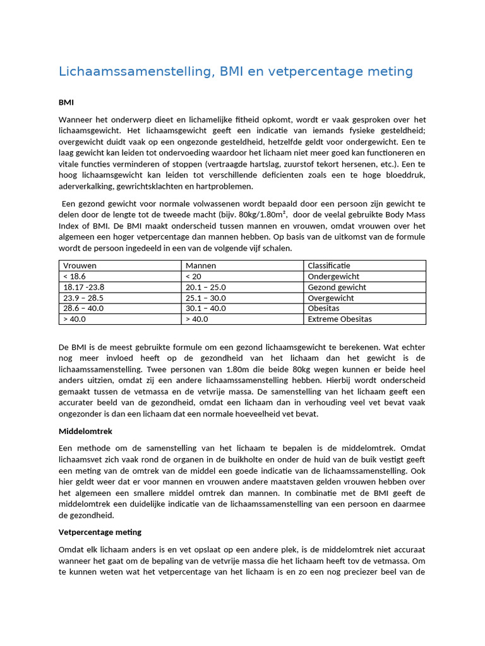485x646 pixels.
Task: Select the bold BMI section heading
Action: tap(66, 102)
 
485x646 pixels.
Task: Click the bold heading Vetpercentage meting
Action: tap(100, 532)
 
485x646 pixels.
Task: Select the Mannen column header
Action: tap(201, 266)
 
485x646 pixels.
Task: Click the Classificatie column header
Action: tap(328, 266)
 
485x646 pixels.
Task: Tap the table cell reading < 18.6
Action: tap(75, 276)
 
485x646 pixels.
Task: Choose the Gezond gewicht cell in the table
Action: tap(337, 287)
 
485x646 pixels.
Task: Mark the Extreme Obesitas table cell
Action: tap(339, 319)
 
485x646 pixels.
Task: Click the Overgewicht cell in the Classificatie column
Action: tap(330, 298)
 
